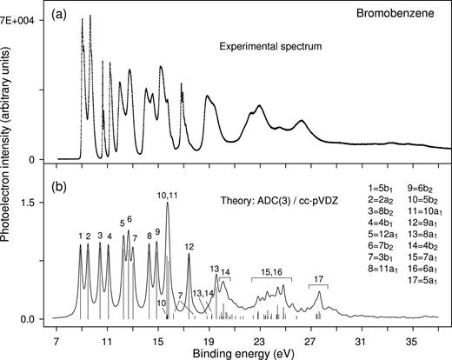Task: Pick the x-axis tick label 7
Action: (x=56, y=333)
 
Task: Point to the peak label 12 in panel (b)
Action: (x=189, y=247)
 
